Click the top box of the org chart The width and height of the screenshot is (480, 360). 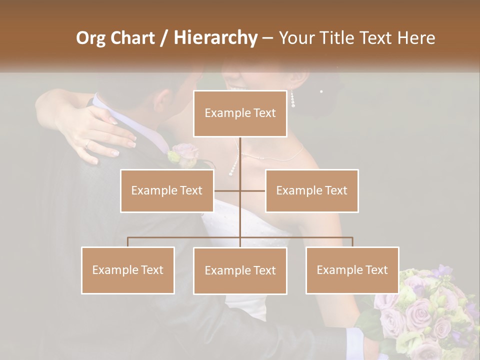pos(240,113)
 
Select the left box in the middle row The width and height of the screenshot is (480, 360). pos(167,190)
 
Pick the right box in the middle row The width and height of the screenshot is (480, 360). pos(311,190)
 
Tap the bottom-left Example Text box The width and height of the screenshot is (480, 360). pos(128,270)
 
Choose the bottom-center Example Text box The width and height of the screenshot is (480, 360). pos(240,270)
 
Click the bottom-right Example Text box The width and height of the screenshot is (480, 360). pos(352,270)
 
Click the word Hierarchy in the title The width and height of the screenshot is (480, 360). pos(215,38)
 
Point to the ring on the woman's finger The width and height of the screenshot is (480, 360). pos(87,144)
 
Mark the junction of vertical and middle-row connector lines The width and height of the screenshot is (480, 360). pos(240,190)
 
